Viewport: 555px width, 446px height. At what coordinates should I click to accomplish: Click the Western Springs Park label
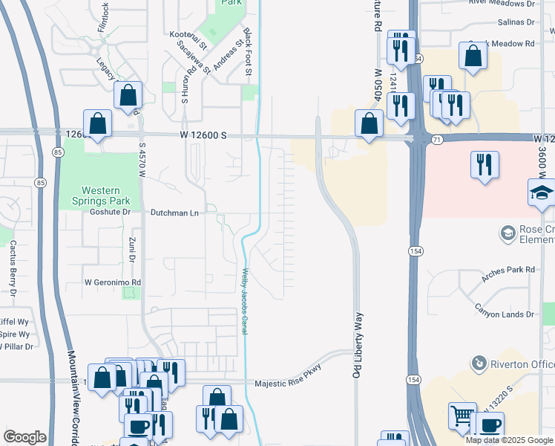[105, 195]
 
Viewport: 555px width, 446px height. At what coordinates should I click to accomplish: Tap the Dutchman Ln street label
[174, 213]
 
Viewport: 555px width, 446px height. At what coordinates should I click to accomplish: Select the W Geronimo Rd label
[113, 282]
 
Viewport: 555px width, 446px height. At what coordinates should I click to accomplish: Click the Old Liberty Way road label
[358, 345]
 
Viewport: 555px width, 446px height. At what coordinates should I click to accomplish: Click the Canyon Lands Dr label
[504, 314]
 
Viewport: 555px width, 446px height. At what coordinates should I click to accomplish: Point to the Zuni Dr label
[131, 249]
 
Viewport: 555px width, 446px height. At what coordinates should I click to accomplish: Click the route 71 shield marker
[437, 139]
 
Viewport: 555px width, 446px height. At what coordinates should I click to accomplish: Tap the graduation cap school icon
[541, 193]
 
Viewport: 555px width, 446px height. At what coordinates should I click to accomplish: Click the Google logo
[24, 437]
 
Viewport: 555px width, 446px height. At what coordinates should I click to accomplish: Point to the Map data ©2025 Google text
[509, 440]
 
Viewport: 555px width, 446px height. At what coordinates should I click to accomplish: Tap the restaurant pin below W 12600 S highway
[485, 165]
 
